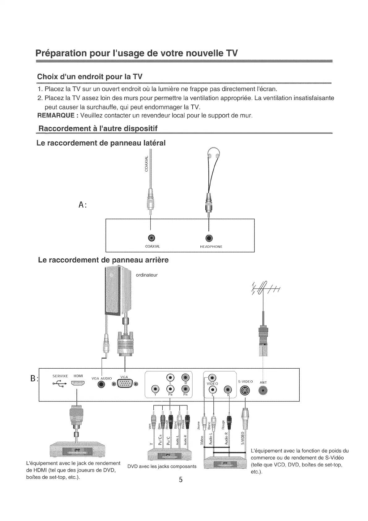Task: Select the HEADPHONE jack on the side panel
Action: [x=209, y=238]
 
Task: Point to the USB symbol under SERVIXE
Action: [x=59, y=384]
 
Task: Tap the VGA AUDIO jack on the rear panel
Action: [x=101, y=384]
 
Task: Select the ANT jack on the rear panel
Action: [x=263, y=391]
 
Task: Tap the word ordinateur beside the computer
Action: [x=147, y=275]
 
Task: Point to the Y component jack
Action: [x=156, y=389]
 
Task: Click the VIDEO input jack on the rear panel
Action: [x=212, y=378]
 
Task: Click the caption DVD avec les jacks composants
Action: [x=162, y=466]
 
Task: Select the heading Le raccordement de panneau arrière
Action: [x=103, y=260]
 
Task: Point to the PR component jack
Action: [x=185, y=389]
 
